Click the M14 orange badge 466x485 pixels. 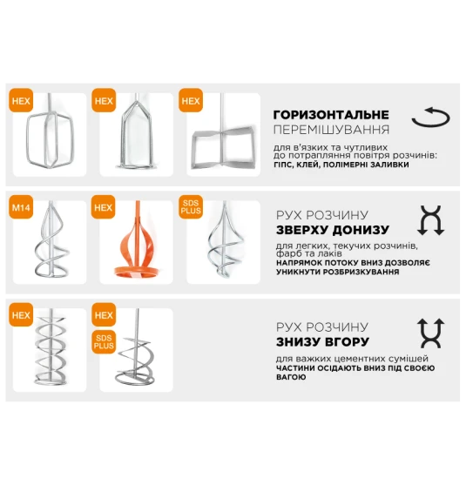(x=21, y=207)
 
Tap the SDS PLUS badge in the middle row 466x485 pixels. (x=191, y=207)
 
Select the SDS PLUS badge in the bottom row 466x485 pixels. (x=104, y=342)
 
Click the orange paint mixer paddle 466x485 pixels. (x=137, y=241)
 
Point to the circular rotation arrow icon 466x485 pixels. (x=430, y=118)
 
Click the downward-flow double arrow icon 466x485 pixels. (x=431, y=220)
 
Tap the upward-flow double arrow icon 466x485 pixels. (x=431, y=333)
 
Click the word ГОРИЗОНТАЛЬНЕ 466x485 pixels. (x=331, y=115)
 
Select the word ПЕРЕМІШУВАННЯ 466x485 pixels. (x=331, y=130)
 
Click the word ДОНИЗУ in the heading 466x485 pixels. (x=359, y=230)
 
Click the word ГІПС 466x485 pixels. (x=283, y=165)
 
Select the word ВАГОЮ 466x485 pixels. (x=291, y=377)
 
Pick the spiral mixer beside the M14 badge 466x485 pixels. (x=51, y=239)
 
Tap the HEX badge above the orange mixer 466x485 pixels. (x=104, y=207)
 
